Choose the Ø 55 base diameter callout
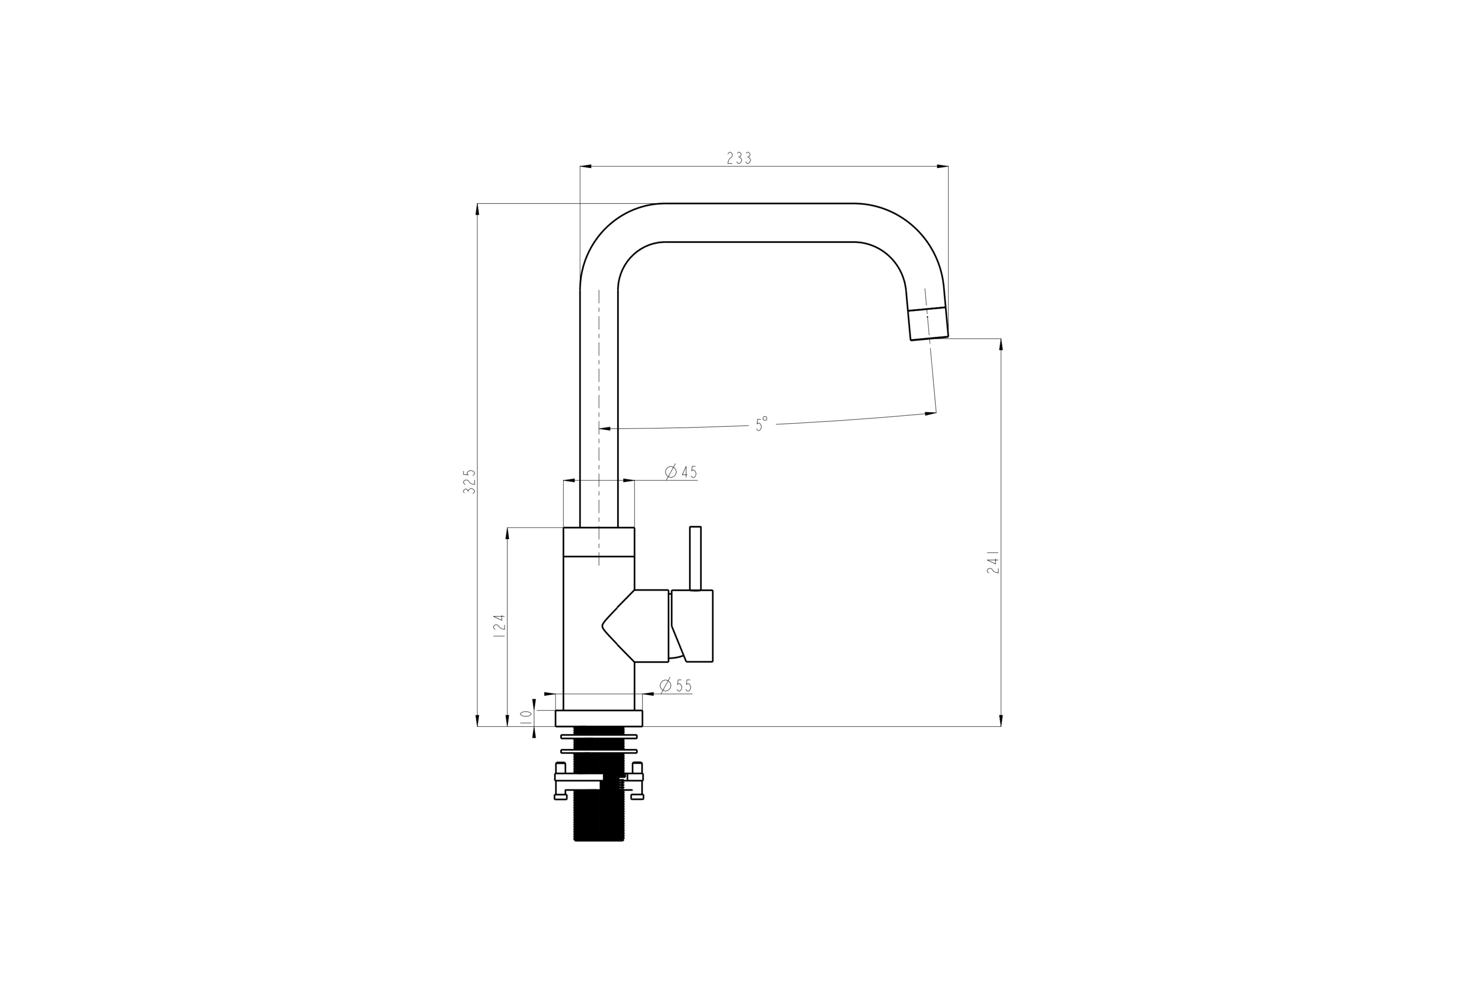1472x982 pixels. click(x=676, y=685)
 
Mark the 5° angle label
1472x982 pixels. click(x=761, y=424)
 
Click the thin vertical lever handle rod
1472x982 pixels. click(x=695, y=558)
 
